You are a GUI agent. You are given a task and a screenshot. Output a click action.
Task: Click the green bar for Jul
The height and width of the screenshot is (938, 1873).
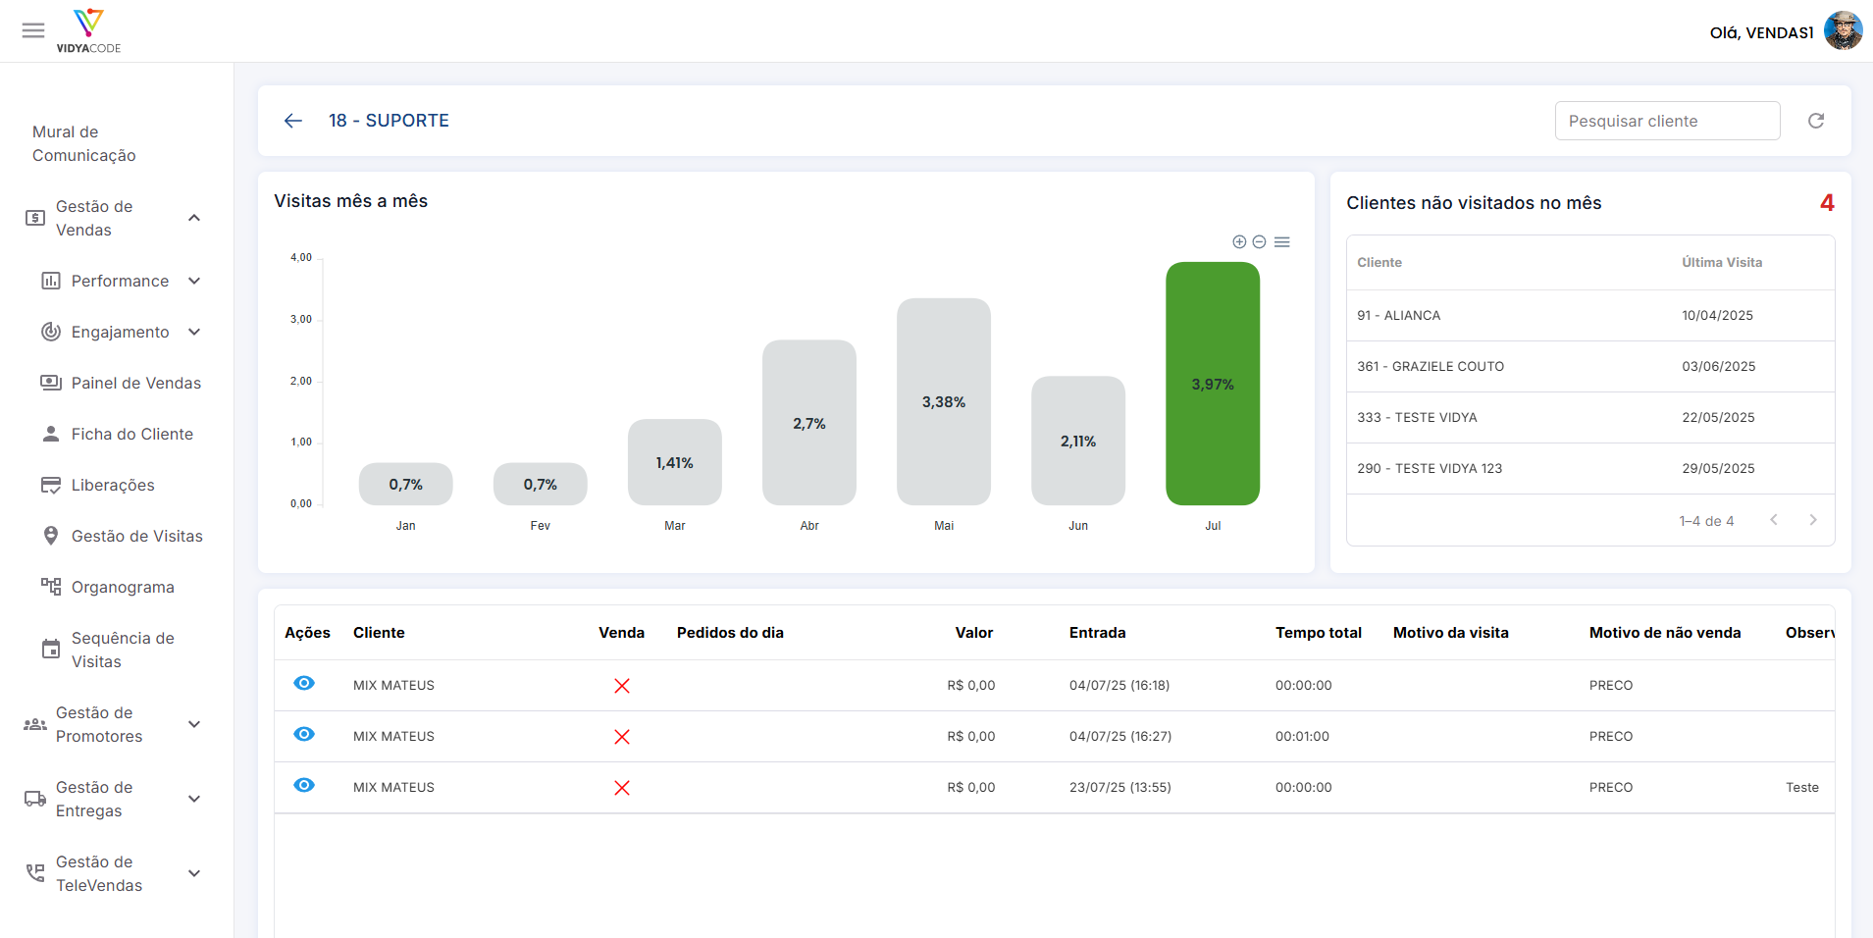click(1213, 384)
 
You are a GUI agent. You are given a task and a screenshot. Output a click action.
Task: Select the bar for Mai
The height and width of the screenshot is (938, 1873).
click(944, 401)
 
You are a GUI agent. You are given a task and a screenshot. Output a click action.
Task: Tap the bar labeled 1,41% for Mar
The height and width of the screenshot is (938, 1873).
click(675, 462)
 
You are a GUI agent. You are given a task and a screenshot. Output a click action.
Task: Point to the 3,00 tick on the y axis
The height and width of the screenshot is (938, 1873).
click(301, 319)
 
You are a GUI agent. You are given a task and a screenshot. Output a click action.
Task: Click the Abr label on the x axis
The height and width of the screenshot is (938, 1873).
click(809, 526)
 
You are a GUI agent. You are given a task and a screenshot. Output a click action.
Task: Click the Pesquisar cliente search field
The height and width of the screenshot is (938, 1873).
click(1668, 121)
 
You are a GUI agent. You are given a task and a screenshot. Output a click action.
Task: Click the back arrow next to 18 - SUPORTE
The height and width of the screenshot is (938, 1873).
click(293, 121)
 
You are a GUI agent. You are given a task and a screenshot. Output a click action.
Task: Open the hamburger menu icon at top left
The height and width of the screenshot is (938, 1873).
click(33, 30)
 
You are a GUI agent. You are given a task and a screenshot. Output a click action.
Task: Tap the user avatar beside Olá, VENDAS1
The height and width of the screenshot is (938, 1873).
click(1843, 31)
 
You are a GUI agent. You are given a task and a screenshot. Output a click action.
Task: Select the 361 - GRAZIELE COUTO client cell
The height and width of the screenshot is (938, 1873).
click(1431, 366)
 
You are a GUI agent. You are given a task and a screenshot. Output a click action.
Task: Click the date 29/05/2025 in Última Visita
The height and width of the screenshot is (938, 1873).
click(1718, 468)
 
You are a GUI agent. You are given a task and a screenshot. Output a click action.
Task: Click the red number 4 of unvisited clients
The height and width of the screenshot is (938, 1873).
click(1827, 203)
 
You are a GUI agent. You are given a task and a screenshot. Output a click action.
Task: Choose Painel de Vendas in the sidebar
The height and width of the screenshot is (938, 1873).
click(136, 383)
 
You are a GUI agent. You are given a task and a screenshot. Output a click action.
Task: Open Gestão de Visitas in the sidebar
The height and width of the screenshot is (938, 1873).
click(137, 536)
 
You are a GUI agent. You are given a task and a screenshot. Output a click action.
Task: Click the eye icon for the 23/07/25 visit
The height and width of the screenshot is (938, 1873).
click(304, 785)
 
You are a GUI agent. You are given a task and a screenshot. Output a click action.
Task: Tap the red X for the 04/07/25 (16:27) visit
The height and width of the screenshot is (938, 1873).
click(622, 737)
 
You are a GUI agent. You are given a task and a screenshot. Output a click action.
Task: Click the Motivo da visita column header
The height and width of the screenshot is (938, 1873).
click(1451, 633)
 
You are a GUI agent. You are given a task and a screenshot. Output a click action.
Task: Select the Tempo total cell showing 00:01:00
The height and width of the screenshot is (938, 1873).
click(1302, 737)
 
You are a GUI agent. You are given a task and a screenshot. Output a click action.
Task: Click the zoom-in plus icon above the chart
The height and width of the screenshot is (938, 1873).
click(1239, 241)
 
